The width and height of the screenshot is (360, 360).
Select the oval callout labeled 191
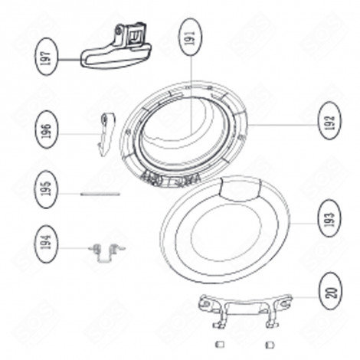point(188,39)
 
